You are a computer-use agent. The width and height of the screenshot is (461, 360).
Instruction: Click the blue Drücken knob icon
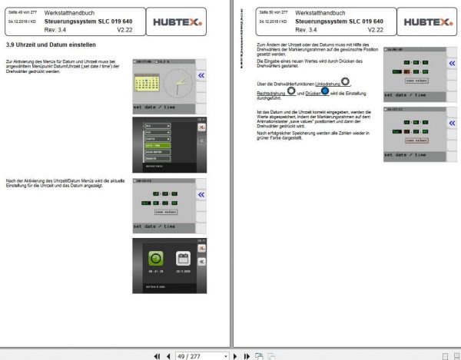tap(326, 91)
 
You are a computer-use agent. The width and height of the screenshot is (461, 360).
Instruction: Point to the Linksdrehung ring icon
tap(346, 81)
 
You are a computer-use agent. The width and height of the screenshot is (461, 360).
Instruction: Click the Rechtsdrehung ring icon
tap(291, 91)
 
